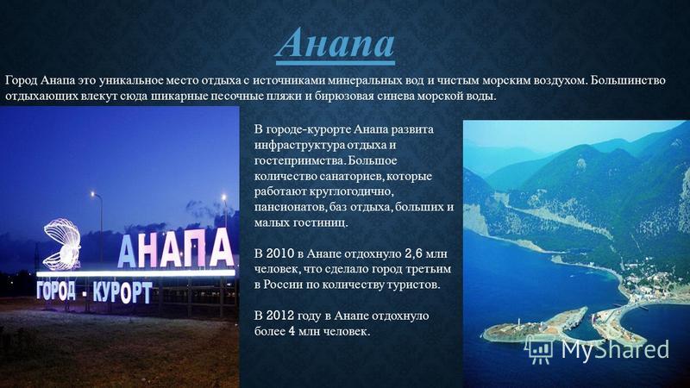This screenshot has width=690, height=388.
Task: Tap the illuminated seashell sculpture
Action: click(62, 244)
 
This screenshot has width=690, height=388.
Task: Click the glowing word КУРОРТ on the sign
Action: click(122, 292)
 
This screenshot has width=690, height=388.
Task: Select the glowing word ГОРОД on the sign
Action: click(56, 291)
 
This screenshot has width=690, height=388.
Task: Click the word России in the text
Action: click(283, 285)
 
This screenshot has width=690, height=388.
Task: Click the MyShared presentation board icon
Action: click(540, 350)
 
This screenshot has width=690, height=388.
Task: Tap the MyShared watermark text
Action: click(615, 349)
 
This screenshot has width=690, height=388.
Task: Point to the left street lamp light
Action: click(93, 193)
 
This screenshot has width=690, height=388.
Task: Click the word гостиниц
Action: click(320, 223)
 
